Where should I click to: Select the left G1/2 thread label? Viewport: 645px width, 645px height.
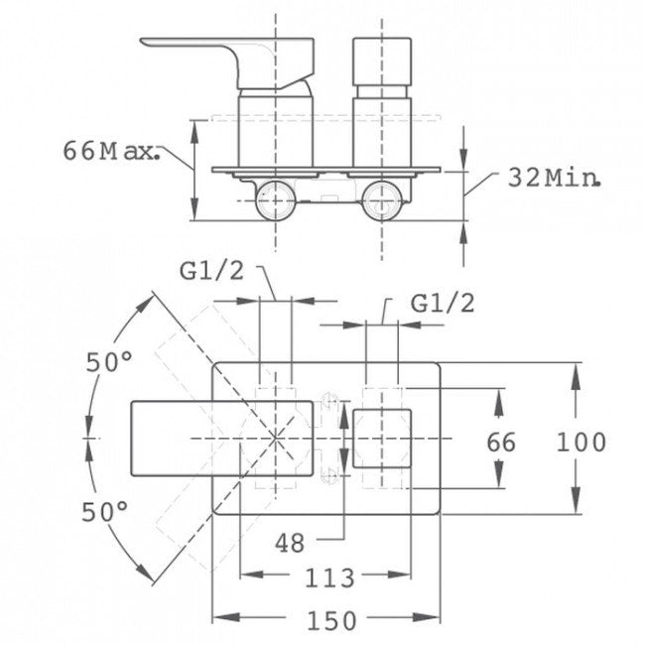click(211, 272)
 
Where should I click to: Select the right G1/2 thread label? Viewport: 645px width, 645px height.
click(443, 304)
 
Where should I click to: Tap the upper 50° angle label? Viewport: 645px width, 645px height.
click(108, 363)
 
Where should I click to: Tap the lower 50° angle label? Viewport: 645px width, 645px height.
click(106, 513)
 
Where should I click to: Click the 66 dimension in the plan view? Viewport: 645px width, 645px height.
click(502, 443)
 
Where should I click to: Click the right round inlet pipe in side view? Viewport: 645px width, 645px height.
click(380, 200)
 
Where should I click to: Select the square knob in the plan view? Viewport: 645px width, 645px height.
click(382, 438)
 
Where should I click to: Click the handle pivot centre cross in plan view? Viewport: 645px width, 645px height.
click(275, 438)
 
